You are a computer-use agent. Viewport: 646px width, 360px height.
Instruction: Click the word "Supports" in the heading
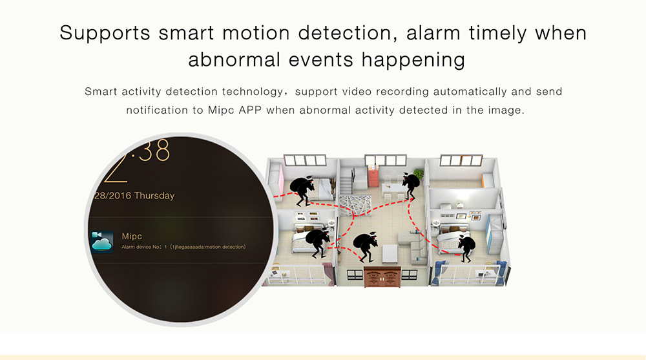pyautogui.click(x=105, y=33)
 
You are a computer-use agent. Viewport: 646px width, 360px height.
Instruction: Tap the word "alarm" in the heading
pyautogui.click(x=433, y=33)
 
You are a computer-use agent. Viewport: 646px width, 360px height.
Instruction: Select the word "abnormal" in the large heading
pyautogui.click(x=234, y=59)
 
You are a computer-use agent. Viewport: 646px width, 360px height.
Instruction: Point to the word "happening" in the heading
pyautogui.click(x=413, y=60)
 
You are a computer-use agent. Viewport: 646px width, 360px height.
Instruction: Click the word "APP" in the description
pyautogui.click(x=250, y=111)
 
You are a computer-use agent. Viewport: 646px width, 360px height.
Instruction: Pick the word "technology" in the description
pyautogui.click(x=253, y=92)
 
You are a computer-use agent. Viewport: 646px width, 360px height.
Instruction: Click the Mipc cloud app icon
pyautogui.click(x=102, y=242)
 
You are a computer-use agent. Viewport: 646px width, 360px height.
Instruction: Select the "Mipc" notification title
pyautogui.click(x=132, y=237)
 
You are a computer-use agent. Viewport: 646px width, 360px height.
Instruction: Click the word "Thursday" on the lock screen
pyautogui.click(x=154, y=195)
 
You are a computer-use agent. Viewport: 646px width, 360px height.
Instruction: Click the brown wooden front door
pyautogui.click(x=382, y=276)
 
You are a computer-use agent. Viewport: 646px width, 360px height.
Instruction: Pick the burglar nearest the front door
pyautogui.click(x=366, y=247)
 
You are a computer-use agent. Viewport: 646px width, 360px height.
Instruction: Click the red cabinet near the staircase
pyautogui.click(x=373, y=176)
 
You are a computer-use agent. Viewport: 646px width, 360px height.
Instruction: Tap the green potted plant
pyautogui.click(x=419, y=173)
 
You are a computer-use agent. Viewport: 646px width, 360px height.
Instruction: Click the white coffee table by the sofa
pyautogui.click(x=390, y=253)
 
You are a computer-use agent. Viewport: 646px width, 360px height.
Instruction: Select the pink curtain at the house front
pyautogui.click(x=328, y=274)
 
